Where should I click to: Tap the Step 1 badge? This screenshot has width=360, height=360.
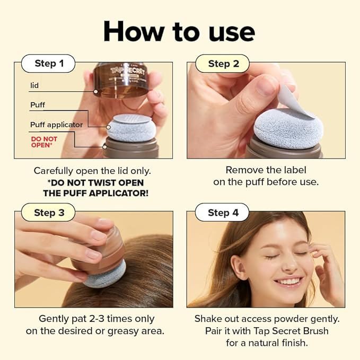[x=49, y=64]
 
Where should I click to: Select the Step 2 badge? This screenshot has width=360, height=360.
[x=223, y=64]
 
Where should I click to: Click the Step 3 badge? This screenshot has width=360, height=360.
[x=49, y=213]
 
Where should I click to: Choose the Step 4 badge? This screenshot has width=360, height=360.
[x=223, y=213]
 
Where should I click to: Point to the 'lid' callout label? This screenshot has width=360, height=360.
[x=34, y=85]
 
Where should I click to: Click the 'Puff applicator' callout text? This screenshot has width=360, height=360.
[x=57, y=125]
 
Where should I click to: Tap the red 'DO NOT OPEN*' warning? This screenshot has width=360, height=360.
[x=44, y=142]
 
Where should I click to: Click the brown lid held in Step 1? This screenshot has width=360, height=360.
[x=120, y=80]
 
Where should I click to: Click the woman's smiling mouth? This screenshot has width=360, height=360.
[x=289, y=281]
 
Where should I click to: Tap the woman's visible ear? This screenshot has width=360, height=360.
[x=240, y=267]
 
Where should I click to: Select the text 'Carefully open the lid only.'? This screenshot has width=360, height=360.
[x=92, y=171]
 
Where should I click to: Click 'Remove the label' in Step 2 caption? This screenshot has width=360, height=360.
[x=266, y=170]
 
